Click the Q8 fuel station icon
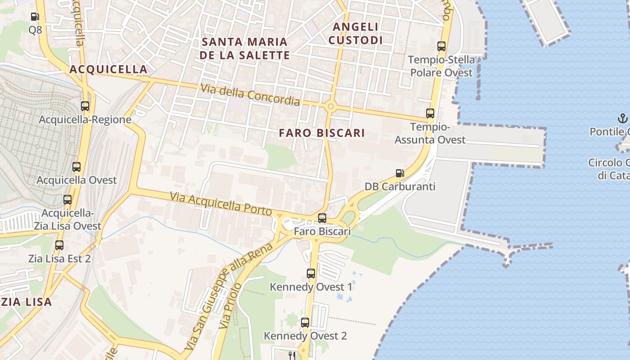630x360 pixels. click(x=35, y=17)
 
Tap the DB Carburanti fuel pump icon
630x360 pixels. click(x=399, y=173)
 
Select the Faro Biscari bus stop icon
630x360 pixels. click(x=322, y=218)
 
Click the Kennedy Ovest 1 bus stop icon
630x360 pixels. click(x=310, y=273)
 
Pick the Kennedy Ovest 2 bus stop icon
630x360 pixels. click(x=305, y=322)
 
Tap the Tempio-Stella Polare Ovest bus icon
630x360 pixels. click(x=441, y=46)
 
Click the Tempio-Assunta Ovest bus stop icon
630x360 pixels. click(x=430, y=113)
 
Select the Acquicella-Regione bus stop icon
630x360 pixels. click(x=85, y=106)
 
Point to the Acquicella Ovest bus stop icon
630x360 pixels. click(x=76, y=167)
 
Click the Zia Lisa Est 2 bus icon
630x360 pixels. click(x=59, y=245)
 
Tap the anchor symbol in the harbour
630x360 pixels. click(x=623, y=119)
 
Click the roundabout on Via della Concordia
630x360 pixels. click(x=331, y=107)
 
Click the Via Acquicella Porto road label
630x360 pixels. click(x=221, y=204)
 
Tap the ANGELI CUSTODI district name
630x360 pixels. click(x=355, y=33)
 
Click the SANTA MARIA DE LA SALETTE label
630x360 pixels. click(x=245, y=48)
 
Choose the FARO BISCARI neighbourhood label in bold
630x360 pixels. click(x=322, y=133)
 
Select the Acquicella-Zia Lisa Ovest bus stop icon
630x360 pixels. click(x=67, y=200)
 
